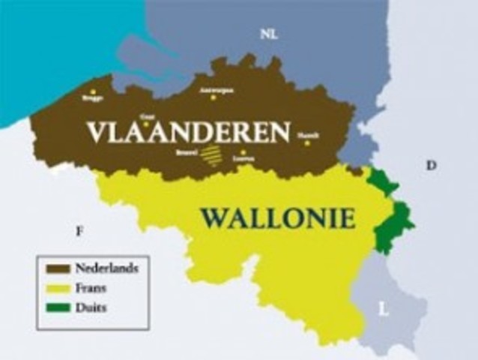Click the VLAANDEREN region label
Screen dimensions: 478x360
[x=187, y=133]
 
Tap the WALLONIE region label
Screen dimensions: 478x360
[x=276, y=218]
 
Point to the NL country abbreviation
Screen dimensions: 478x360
[x=268, y=34]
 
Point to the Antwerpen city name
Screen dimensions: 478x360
[x=217, y=89]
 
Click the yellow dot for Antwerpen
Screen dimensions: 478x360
[x=214, y=97]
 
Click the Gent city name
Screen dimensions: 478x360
[x=147, y=116]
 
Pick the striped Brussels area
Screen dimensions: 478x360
[x=212, y=155]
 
